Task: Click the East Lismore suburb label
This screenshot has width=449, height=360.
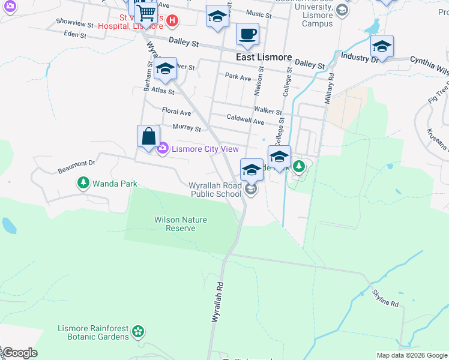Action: pos(264,58)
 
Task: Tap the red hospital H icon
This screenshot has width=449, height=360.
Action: pos(172,20)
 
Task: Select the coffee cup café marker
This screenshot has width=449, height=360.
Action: pos(247,34)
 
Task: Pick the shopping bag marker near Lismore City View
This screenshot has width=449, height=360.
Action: pos(148,136)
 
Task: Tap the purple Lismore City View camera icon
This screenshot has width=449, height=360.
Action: pos(162,149)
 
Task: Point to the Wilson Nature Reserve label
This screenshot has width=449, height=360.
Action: pos(181,224)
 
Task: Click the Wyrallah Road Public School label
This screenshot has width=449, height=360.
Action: pos(215,190)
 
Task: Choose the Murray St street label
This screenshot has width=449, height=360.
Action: pos(186,127)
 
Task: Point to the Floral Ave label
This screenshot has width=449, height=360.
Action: pos(176,112)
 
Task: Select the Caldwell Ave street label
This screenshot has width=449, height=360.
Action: pos(245,120)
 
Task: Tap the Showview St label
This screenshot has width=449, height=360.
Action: pos(74,24)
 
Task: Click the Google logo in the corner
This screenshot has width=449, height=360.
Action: pos(20,353)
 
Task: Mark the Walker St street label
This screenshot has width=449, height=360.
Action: pos(268,110)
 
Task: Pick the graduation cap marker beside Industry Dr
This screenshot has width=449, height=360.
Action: pos(382,46)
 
